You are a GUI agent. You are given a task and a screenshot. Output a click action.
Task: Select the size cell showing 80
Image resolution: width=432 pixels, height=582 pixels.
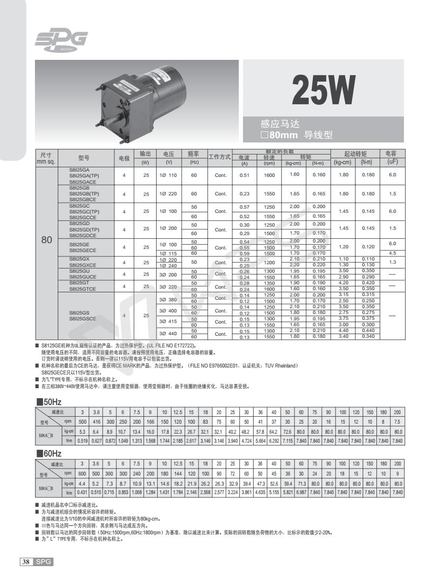pos(47,239)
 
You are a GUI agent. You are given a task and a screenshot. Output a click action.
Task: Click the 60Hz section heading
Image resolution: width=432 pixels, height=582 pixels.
pos(49,454)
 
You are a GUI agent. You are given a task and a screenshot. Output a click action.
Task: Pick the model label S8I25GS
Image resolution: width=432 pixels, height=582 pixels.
pos(81,313)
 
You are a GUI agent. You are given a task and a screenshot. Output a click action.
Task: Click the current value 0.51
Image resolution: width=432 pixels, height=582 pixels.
pos(244,175)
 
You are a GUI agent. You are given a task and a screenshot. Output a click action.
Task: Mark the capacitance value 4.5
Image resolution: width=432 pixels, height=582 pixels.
pos(392,253)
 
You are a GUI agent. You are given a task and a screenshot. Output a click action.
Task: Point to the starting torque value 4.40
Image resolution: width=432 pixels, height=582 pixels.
pos(342,331)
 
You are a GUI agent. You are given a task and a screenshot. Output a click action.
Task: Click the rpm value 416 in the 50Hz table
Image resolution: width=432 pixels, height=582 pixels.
pos(95,422)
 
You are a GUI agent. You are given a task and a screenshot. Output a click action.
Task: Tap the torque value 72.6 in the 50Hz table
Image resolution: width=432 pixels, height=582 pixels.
pos(287,432)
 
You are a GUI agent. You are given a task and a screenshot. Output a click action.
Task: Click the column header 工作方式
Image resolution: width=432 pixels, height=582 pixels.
pos(219,157)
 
